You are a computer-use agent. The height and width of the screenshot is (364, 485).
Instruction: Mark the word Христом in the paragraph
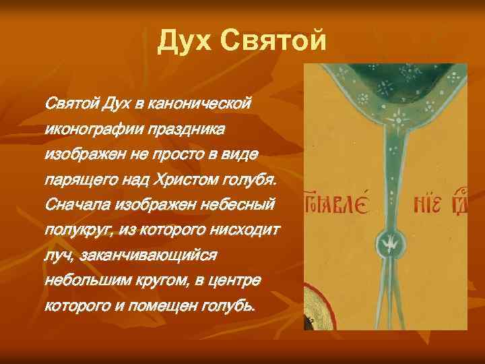[189, 181]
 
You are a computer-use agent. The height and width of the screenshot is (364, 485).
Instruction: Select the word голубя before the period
[251, 181]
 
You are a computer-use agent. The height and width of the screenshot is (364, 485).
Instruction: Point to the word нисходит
[247, 231]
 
